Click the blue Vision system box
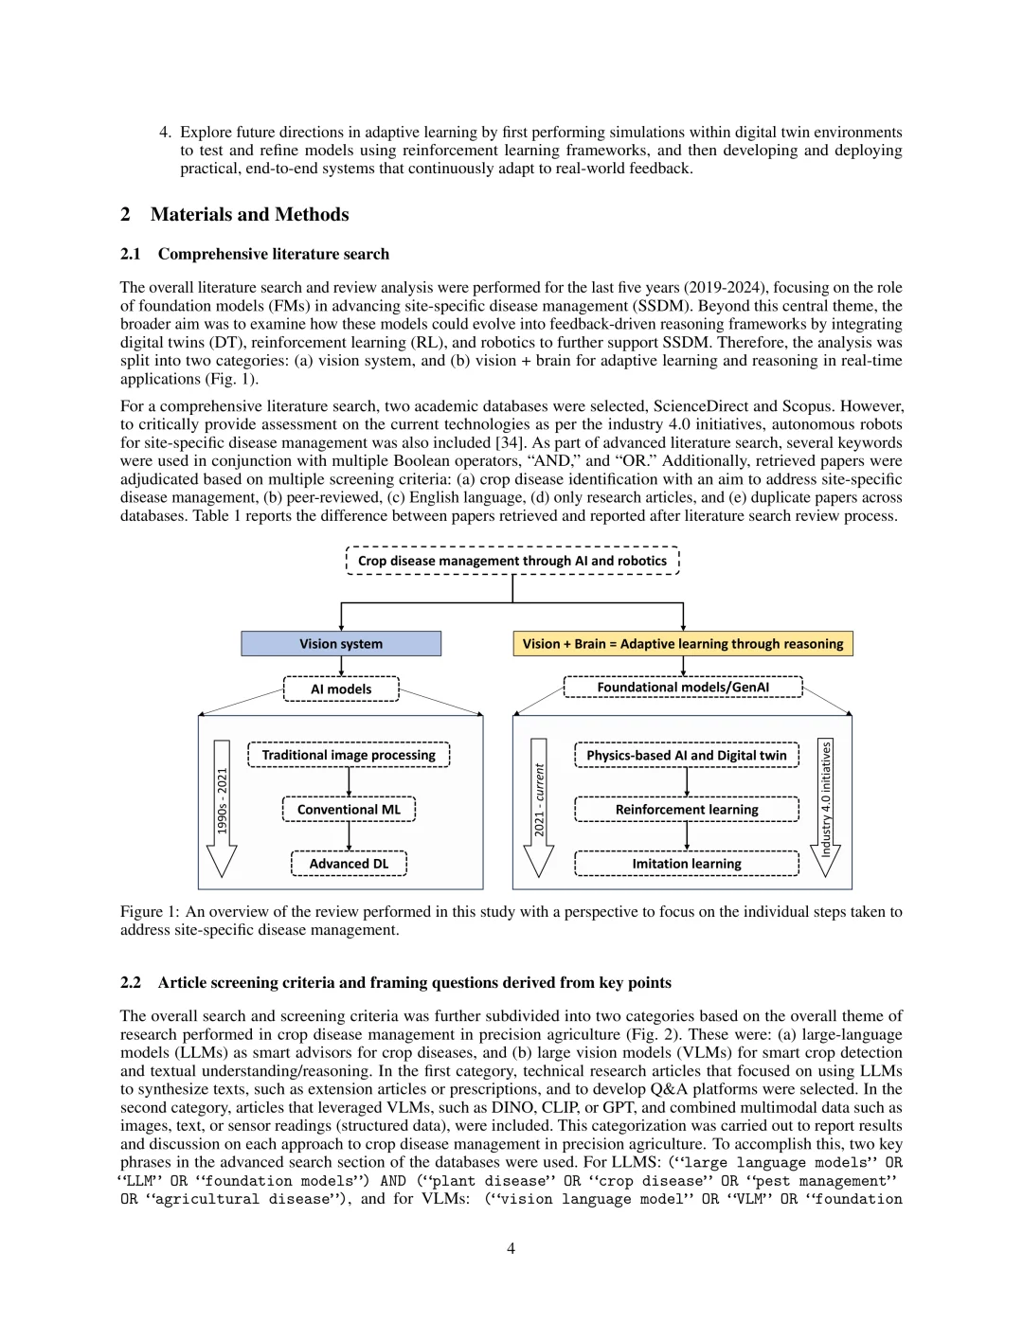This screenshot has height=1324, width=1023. click(341, 644)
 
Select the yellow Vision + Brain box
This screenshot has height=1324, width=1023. click(682, 644)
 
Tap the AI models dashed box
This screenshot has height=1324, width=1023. click(341, 689)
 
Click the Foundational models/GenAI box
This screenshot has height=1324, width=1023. click(682, 688)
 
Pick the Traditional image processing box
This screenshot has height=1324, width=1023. click(349, 755)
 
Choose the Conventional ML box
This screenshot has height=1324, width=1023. click(349, 810)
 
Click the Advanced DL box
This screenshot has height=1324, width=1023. click(349, 864)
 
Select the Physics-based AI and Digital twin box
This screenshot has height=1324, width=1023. click(686, 755)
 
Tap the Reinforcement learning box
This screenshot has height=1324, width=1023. click(686, 810)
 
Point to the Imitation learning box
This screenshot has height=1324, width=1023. click(686, 864)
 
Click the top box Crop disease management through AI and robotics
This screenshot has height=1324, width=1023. click(512, 561)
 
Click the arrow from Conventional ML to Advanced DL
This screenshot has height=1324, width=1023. click(349, 836)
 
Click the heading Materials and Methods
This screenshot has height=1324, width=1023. click(249, 215)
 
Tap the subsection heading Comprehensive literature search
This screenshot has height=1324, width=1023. click(273, 254)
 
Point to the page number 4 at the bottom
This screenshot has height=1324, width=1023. click(511, 1248)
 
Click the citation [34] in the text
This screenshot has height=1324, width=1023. click(507, 442)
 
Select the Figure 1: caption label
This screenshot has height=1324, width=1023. click(150, 912)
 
